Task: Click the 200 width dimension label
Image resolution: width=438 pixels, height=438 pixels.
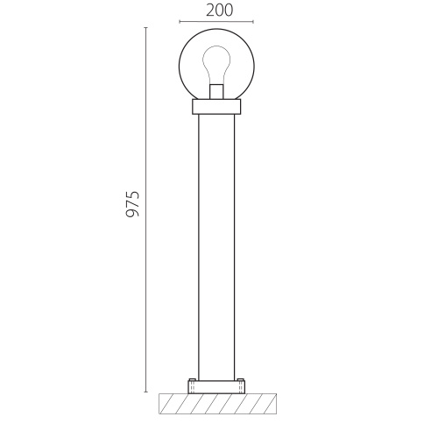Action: (220, 11)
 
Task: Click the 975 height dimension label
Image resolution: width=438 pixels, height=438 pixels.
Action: (132, 204)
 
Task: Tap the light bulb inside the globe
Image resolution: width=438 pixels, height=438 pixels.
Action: (216, 65)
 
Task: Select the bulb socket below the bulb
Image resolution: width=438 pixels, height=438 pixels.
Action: (216, 92)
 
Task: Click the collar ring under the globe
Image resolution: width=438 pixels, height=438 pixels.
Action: (216, 107)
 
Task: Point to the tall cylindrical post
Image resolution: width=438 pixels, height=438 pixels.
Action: (216, 247)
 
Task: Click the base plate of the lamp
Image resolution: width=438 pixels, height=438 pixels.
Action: (216, 387)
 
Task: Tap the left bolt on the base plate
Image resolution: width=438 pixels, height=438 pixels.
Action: (192, 379)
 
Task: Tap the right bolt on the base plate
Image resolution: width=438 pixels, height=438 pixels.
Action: (241, 379)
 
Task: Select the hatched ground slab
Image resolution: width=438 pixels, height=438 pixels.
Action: (217, 404)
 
